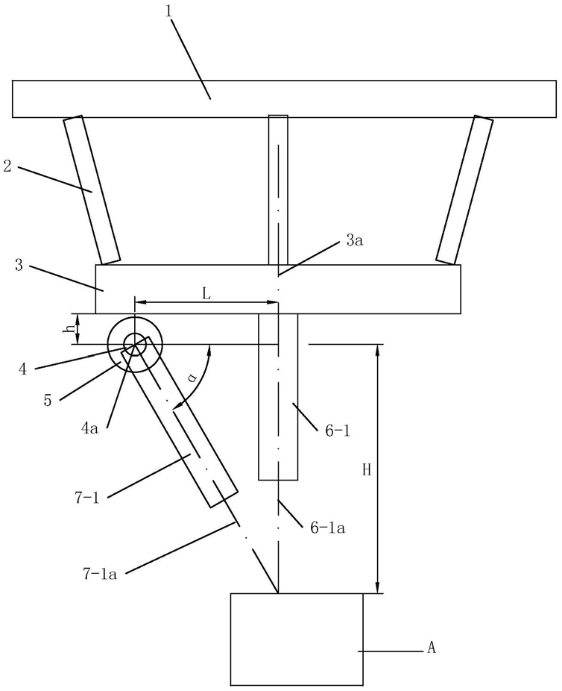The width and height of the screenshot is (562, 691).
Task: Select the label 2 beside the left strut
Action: click(x=7, y=166)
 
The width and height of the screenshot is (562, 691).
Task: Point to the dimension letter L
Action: click(x=206, y=293)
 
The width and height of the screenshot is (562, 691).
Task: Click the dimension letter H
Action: click(x=366, y=469)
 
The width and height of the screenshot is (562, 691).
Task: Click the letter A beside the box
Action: click(x=430, y=648)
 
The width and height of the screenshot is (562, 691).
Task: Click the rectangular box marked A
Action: click(x=297, y=638)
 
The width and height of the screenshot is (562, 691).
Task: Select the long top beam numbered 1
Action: click(x=283, y=99)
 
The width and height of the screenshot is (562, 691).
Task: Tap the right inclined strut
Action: click(x=464, y=190)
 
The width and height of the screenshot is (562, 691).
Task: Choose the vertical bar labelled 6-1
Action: click(x=277, y=395)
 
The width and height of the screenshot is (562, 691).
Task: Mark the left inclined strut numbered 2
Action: click(x=92, y=190)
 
